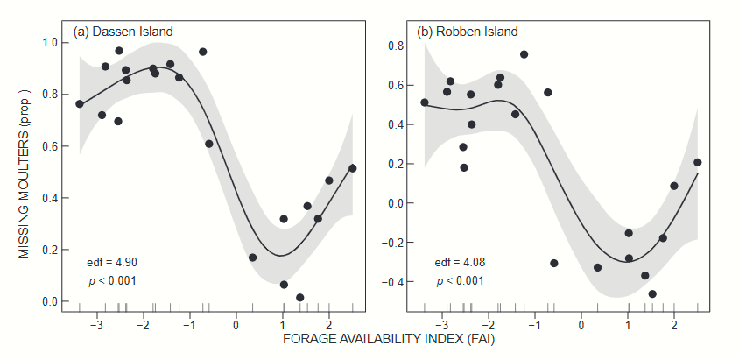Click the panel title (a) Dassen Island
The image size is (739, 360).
pyautogui.click(x=123, y=32)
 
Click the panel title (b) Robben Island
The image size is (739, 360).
pyautogui.click(x=468, y=32)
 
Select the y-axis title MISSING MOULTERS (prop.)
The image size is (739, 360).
pyautogui.click(x=25, y=172)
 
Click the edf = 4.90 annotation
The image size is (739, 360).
pyautogui.click(x=112, y=262)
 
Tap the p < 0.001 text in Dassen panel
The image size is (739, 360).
pyautogui.click(x=112, y=280)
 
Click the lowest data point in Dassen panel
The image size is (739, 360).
pyautogui.click(x=300, y=298)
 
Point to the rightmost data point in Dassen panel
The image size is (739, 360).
pyautogui.click(x=352, y=168)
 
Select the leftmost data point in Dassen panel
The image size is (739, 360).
pyautogui.click(x=80, y=104)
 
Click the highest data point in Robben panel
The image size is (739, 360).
pyautogui.click(x=524, y=54)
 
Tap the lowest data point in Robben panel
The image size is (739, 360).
pyautogui.click(x=652, y=294)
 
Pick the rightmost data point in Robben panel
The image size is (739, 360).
pyautogui.click(x=697, y=162)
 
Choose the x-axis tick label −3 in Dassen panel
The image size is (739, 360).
pyautogui.click(x=97, y=324)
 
